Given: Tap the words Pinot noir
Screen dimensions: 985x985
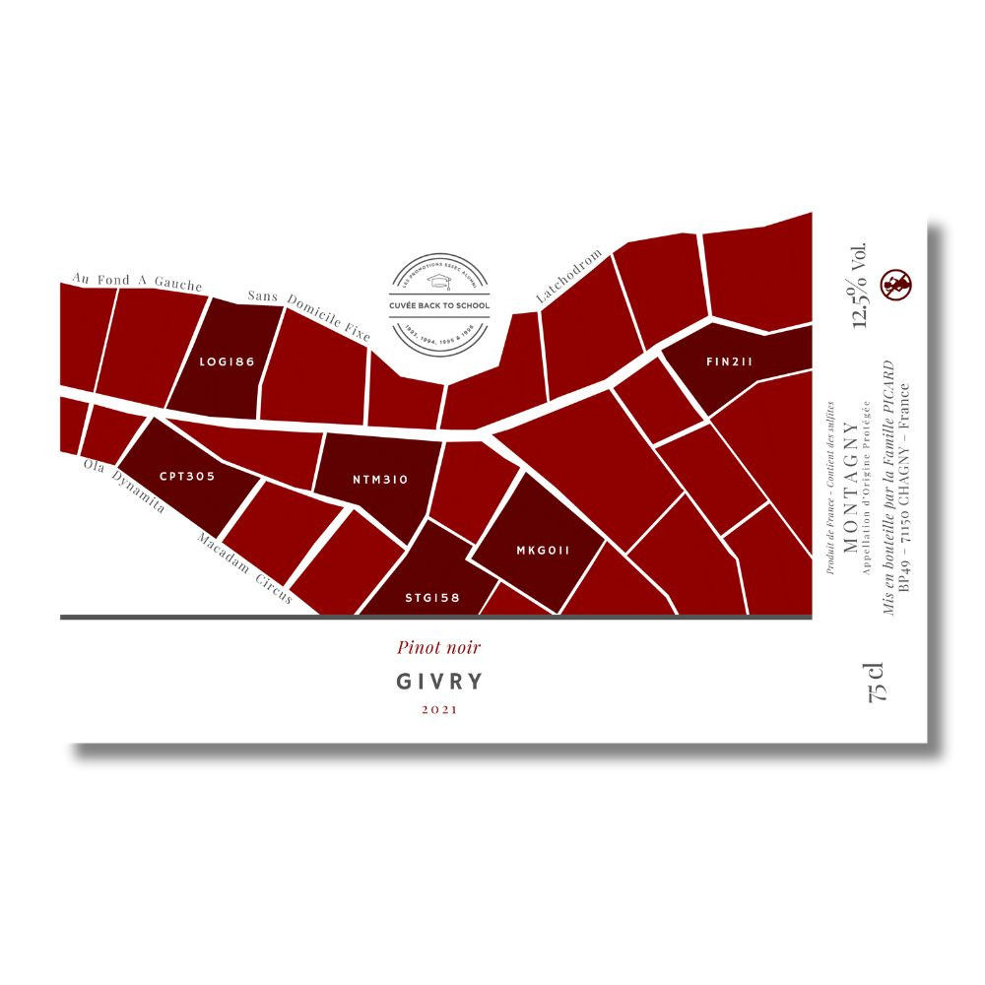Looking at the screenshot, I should tap(438, 647).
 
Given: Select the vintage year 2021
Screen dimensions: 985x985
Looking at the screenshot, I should tap(438, 709).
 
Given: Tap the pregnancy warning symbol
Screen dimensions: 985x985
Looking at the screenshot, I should tap(895, 286).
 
